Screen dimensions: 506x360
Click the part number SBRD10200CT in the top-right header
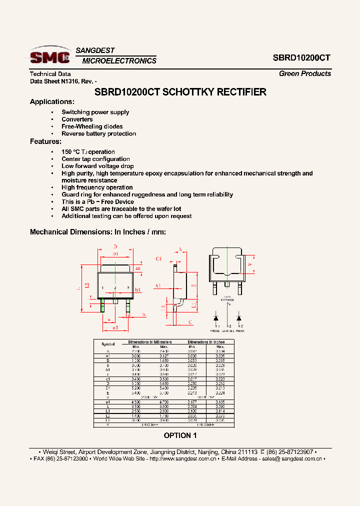coord(301,57)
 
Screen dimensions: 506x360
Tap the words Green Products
coord(304,73)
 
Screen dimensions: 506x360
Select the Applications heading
coord(52,102)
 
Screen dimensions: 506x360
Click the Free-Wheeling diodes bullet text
coord(92,126)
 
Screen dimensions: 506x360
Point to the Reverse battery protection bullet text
coord(98,133)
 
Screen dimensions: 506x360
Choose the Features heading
coord(45,141)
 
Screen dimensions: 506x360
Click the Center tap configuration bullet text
coord(95,159)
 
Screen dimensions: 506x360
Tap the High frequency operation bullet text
coord(97,187)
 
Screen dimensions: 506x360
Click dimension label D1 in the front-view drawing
coord(115,254)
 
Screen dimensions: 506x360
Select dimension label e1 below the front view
coord(115,328)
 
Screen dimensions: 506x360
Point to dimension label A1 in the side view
coord(158,285)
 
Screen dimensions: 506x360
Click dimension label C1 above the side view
coord(159,258)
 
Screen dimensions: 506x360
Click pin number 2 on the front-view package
coord(115,288)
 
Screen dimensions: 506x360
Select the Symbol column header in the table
coord(108,344)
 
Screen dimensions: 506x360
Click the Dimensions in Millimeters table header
coord(150,342)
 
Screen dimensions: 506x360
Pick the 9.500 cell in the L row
coord(136,407)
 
